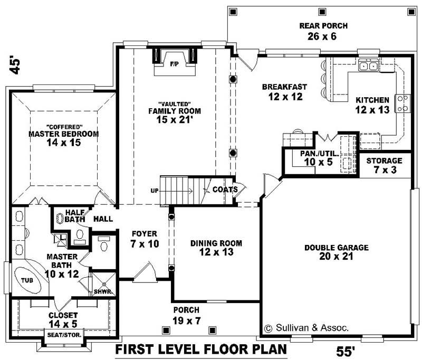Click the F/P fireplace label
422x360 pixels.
point(174,64)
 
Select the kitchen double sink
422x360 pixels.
point(368,66)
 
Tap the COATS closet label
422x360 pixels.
point(225,190)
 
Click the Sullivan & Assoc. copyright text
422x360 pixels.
point(306,328)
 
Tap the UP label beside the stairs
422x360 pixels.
point(154,190)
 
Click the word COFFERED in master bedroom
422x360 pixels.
point(63,127)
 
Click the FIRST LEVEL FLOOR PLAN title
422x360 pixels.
point(202,349)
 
